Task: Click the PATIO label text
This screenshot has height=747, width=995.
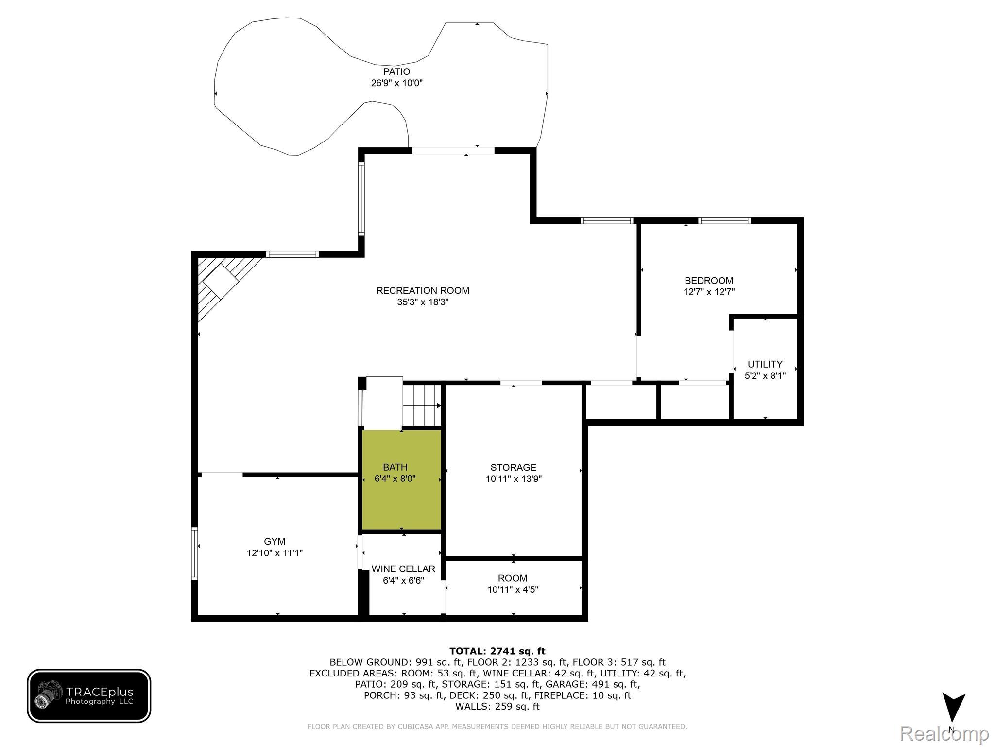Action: (x=396, y=72)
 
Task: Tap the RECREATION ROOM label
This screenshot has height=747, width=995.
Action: (x=422, y=291)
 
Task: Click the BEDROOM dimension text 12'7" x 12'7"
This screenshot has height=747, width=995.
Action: (x=708, y=292)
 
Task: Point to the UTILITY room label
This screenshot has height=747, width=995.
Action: (x=765, y=364)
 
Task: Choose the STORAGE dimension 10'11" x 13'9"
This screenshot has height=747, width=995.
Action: (x=514, y=479)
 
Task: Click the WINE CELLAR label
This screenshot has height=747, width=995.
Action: (x=403, y=569)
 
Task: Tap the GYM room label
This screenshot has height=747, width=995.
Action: (x=274, y=542)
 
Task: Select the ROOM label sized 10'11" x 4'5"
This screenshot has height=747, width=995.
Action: (x=513, y=578)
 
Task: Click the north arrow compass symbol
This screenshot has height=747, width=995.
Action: (x=953, y=709)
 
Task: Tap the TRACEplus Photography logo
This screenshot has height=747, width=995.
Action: (x=89, y=695)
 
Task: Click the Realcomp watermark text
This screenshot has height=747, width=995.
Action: (x=944, y=734)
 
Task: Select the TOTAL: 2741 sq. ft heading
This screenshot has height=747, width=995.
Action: (x=497, y=651)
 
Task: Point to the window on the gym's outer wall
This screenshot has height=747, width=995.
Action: (x=194, y=554)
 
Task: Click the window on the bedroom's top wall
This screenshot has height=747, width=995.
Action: (x=724, y=221)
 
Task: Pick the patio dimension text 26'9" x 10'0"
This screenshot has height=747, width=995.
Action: (x=396, y=83)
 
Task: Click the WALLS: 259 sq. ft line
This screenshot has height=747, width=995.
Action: (x=497, y=707)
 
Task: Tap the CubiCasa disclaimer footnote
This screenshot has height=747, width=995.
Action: (x=497, y=727)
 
